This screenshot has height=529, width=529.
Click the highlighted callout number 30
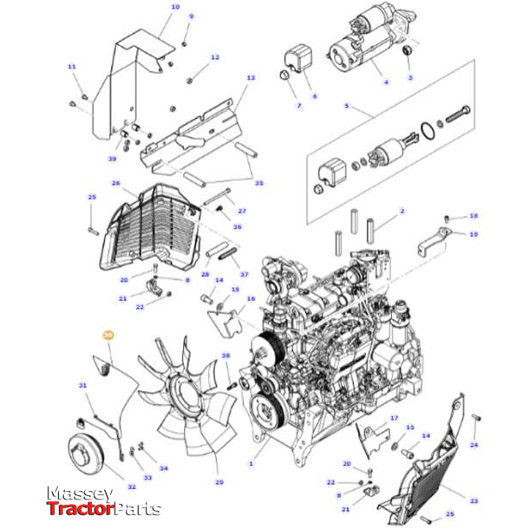coord(108,334)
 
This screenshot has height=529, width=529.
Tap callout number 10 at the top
coord(175,7)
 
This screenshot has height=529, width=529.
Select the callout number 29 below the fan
coord(219,482)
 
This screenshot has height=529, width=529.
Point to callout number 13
coord(251,78)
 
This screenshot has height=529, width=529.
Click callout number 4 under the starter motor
coord(386,82)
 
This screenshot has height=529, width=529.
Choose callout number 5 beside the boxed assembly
coord(346,106)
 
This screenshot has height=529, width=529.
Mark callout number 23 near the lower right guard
coord(473,500)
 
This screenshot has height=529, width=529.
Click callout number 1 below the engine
coord(251,465)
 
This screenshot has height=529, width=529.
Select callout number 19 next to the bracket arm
coord(473,234)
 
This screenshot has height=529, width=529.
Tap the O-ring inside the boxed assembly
coord(426,134)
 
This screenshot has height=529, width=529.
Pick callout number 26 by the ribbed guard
coord(115,184)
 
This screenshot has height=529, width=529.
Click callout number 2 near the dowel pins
coord(402,211)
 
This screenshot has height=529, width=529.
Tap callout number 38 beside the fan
coord(225,356)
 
